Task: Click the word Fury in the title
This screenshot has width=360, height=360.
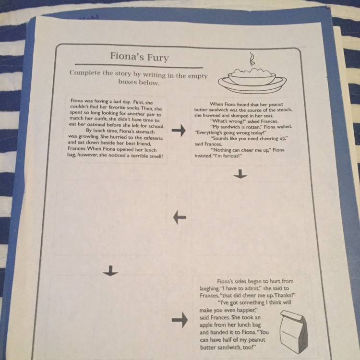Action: pyautogui.click(x=158, y=57)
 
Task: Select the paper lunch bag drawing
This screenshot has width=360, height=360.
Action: pyautogui.click(x=294, y=331)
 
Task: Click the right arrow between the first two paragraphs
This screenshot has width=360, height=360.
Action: pyautogui.click(x=179, y=131)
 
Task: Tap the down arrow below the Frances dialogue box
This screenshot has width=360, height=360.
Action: pyautogui.click(x=240, y=174)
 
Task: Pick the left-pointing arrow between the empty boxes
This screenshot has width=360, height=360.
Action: pyautogui.click(x=180, y=217)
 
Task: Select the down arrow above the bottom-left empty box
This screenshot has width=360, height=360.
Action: pyautogui.click(x=111, y=271)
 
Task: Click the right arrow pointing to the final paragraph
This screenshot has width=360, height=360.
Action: pyautogui.click(x=180, y=320)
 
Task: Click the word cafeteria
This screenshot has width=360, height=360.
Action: pyautogui.click(x=153, y=138)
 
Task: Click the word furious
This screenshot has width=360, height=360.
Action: pyautogui.click(x=231, y=156)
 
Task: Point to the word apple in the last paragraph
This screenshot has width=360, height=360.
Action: pyautogui.click(x=206, y=325)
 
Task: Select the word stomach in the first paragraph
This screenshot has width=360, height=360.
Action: pyautogui.click(x=145, y=132)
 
